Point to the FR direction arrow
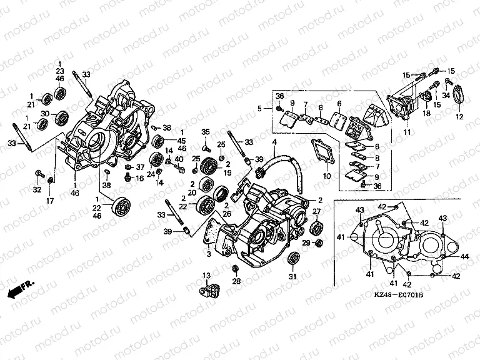(x=20, y=288)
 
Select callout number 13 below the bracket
(x=206, y=276)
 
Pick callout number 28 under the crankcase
(x=236, y=282)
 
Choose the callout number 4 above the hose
(x=273, y=143)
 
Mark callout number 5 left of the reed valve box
(x=260, y=109)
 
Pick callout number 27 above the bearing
(x=316, y=211)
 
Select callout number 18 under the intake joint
(x=426, y=114)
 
